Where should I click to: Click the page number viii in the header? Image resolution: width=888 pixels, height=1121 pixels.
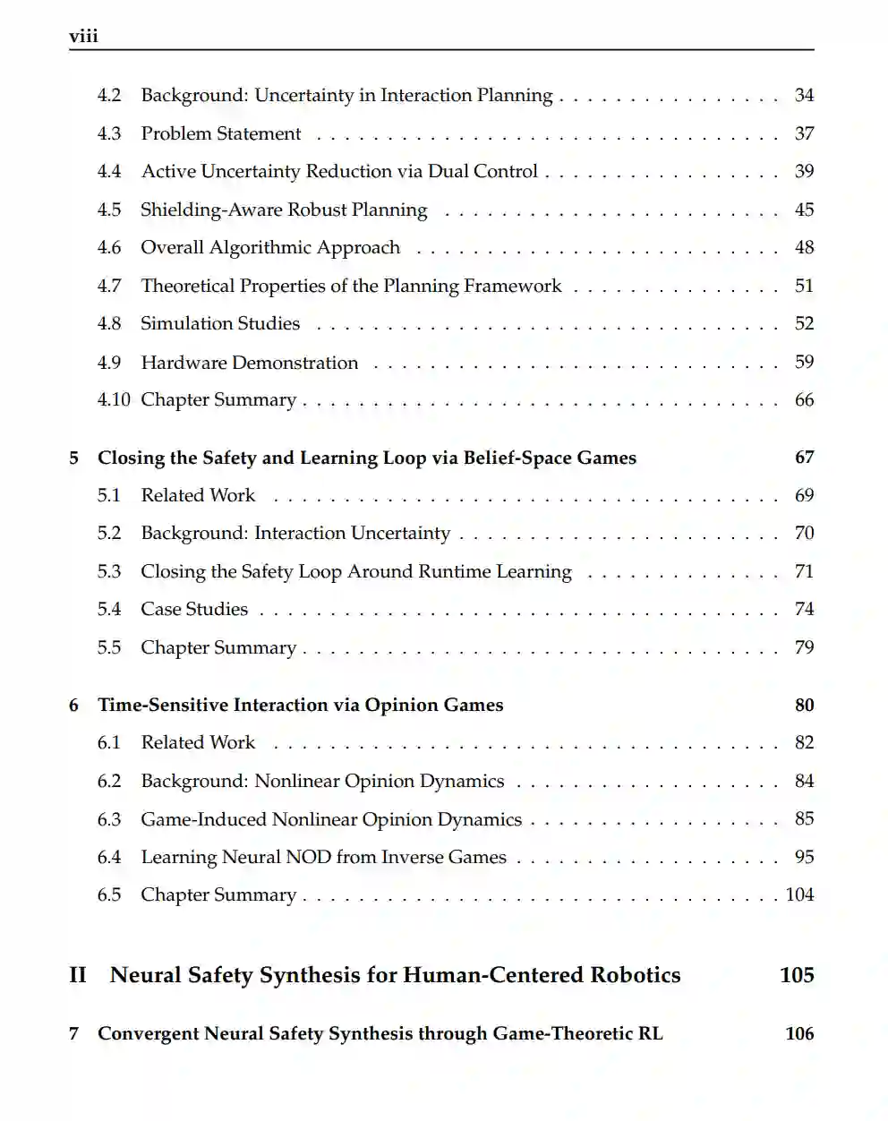(x=83, y=37)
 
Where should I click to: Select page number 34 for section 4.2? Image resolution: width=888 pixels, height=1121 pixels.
(x=804, y=95)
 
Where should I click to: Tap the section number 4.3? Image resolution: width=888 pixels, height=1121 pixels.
(x=109, y=133)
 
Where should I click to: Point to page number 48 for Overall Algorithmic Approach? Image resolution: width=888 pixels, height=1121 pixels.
(x=804, y=247)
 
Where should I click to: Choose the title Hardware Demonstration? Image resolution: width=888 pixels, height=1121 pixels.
(x=249, y=363)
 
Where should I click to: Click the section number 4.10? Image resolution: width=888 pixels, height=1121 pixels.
(x=114, y=400)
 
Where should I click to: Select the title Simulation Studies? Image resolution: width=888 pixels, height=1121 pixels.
(x=220, y=324)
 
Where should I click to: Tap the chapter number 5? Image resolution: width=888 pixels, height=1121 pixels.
(x=74, y=458)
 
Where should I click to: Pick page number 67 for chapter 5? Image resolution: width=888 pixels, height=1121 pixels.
(x=804, y=458)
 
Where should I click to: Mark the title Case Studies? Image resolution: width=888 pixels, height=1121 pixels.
(x=194, y=610)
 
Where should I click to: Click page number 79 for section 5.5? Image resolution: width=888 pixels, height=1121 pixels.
(x=804, y=647)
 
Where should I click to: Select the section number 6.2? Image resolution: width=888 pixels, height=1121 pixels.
(x=109, y=782)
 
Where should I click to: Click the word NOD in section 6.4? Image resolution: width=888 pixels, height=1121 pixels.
(x=307, y=858)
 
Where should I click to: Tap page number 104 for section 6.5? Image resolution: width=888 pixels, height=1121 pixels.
(x=799, y=895)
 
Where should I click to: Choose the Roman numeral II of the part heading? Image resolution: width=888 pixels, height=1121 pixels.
(x=78, y=975)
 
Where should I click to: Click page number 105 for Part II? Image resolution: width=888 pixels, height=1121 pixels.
(x=797, y=975)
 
